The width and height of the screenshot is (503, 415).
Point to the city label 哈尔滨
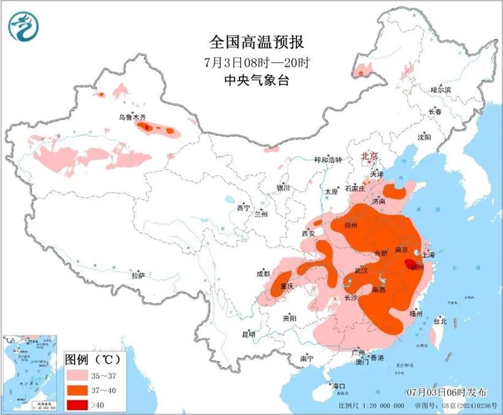(x=441, y=90)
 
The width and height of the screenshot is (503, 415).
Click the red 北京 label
(x=369, y=156)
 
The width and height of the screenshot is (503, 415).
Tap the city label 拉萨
(x=137, y=275)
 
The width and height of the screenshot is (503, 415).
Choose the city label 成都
(x=264, y=274)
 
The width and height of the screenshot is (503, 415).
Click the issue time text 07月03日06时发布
(x=448, y=392)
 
